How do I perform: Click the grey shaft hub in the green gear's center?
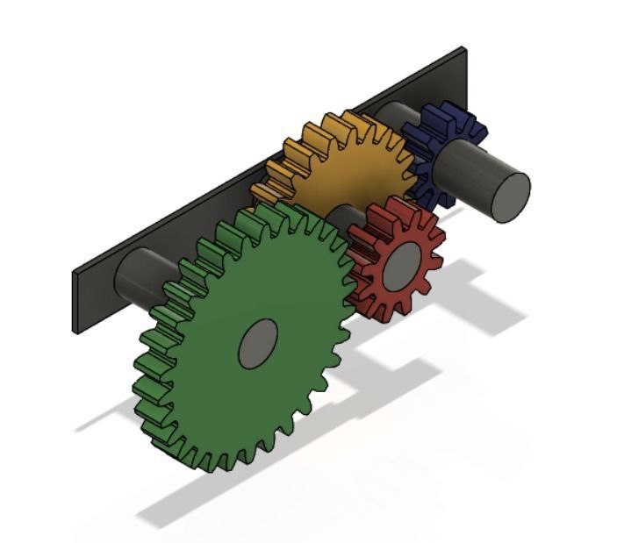tap(258, 343)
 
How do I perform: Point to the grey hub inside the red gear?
tap(402, 263)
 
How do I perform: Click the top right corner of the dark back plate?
tap(463, 49)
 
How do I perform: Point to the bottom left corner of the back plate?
tap(76, 332)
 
